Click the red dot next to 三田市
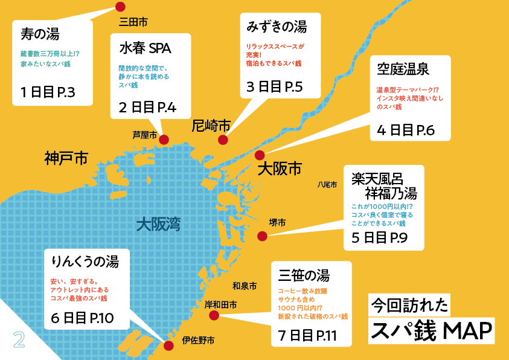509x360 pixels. pos(120,7)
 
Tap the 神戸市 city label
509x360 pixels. pos(66,159)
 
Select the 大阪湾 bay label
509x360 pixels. pos(158,224)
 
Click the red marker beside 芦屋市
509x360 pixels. pos(164,140)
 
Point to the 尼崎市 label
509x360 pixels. pos(211,126)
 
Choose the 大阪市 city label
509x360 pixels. pos(279,169)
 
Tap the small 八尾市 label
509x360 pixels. pos(327,185)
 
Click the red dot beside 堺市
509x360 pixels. pos(262,236)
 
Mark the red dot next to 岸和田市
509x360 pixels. pos(214,315)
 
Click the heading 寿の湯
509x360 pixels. pos(39,33)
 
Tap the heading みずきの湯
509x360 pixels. pos(277,27)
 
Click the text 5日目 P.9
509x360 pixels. pos(379,237)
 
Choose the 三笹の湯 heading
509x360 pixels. pos(304,276)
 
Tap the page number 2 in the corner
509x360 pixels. pos(19,339)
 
